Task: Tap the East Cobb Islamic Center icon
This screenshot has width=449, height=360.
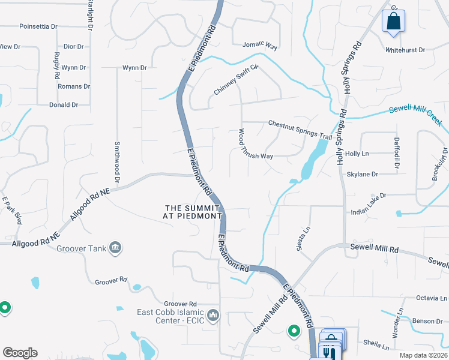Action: tap(213, 315)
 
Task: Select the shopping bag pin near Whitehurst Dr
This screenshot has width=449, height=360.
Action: tap(393, 21)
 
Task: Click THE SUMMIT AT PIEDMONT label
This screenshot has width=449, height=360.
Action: tap(193, 212)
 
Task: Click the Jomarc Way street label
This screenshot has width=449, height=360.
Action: tap(259, 45)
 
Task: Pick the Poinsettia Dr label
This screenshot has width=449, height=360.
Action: tap(38, 27)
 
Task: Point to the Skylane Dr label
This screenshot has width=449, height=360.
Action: tap(363, 174)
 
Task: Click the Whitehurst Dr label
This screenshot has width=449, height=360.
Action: tap(405, 50)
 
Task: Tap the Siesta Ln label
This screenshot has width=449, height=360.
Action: tap(301, 236)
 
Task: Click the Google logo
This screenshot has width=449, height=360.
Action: tap(20, 353)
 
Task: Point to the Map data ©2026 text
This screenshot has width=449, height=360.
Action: tap(424, 355)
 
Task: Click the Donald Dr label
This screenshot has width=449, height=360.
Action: tap(64, 104)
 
